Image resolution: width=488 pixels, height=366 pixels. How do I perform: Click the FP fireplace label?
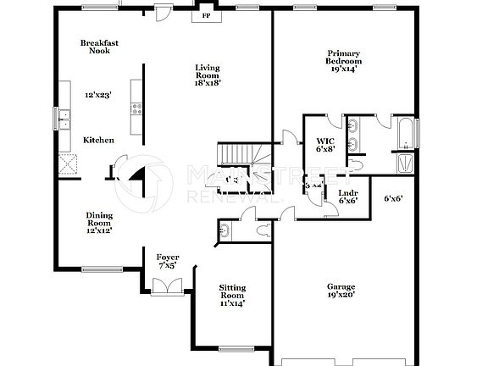pyautogui.click(x=204, y=16)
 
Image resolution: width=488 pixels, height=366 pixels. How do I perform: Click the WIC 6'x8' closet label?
pyautogui.click(x=325, y=145)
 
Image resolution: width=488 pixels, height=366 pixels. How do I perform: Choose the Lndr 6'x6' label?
pyautogui.click(x=348, y=197)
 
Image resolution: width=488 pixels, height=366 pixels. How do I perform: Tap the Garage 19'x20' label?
pyautogui.click(x=341, y=291)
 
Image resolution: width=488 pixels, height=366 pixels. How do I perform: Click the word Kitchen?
pyautogui.click(x=98, y=140)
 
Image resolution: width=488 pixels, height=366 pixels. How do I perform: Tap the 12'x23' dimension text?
pyautogui.click(x=98, y=96)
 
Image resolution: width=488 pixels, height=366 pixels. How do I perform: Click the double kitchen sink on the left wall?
pyautogui.click(x=64, y=119)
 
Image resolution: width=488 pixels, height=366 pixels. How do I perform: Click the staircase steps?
pyautogui.click(x=237, y=153)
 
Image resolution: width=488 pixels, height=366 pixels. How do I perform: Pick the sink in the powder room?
pyautogui.click(x=225, y=229)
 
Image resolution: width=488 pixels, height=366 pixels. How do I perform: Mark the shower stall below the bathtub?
pyautogui.click(x=406, y=162)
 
